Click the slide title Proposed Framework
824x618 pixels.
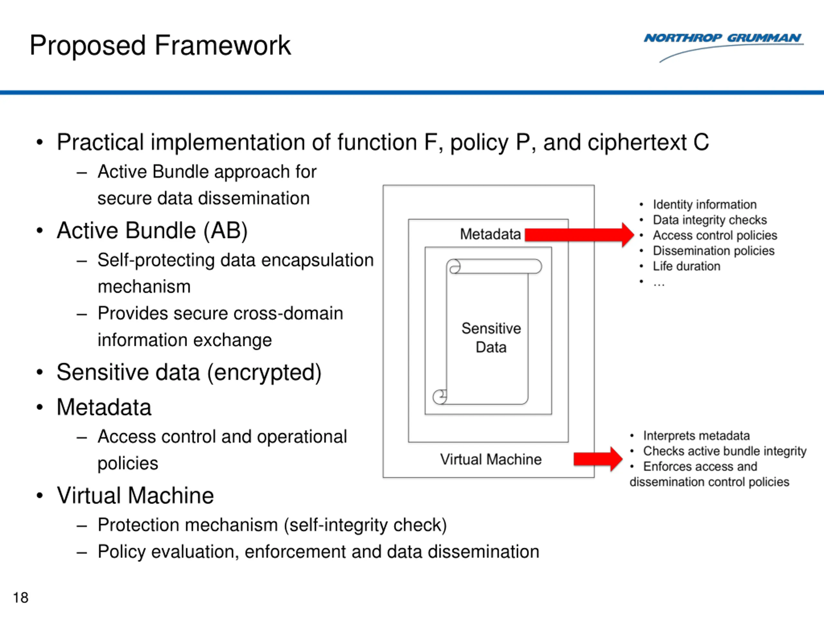(x=160, y=45)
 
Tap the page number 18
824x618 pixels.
(x=21, y=597)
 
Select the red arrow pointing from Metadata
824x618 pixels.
(x=579, y=235)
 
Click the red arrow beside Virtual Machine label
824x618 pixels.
(x=598, y=459)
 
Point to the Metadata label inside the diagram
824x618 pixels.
(x=490, y=234)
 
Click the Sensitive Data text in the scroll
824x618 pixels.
(x=491, y=338)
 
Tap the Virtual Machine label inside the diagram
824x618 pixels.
(x=491, y=459)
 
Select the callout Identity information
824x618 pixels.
(x=704, y=204)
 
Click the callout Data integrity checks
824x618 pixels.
(x=710, y=220)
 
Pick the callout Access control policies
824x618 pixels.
(x=715, y=235)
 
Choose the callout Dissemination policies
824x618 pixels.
(x=713, y=251)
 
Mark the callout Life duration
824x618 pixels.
(x=687, y=266)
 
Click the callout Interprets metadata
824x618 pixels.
(x=696, y=435)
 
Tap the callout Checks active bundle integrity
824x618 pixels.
(x=725, y=451)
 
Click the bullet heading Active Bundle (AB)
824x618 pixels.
(x=152, y=230)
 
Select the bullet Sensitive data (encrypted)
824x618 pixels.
(x=189, y=372)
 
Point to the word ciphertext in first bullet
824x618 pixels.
(x=637, y=142)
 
